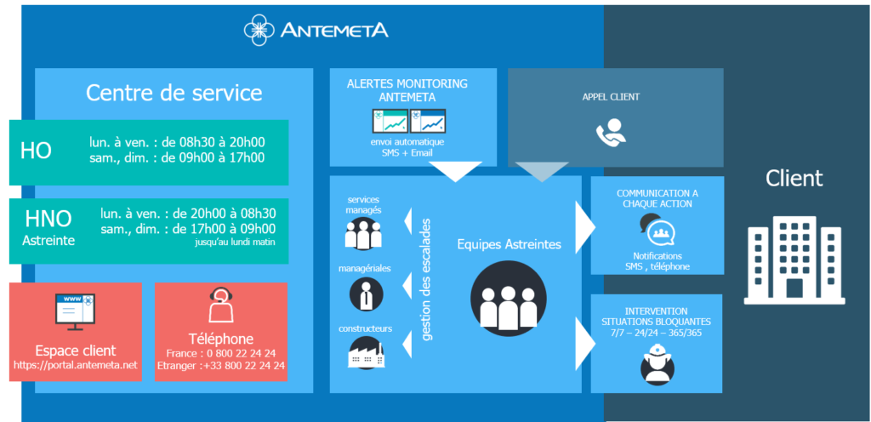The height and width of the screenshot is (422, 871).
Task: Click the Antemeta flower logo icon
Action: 259,29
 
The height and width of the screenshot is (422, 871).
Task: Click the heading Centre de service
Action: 174,92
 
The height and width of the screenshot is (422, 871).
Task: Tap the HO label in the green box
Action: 36,151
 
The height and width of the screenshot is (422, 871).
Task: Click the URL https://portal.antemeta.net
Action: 76,366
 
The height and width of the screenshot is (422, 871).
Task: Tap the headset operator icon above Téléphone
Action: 221,305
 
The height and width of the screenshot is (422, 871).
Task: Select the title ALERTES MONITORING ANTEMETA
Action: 408,90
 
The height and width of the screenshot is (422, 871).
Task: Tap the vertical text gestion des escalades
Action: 427,279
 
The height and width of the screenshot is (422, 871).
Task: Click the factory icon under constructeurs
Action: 364,353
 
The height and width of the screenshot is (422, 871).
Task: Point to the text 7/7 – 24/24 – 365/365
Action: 656,334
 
